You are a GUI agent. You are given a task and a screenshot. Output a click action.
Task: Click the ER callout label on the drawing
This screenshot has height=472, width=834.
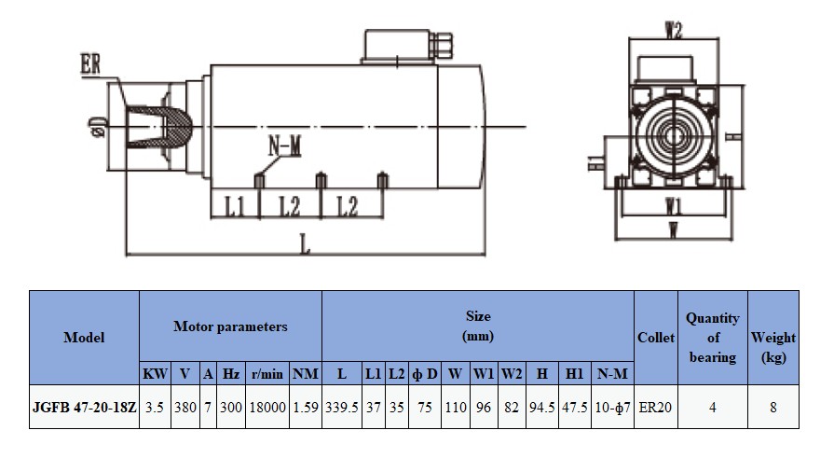pyautogui.click(x=90, y=66)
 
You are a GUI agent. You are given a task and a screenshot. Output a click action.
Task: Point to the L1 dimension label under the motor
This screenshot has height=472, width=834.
pyautogui.click(x=235, y=206)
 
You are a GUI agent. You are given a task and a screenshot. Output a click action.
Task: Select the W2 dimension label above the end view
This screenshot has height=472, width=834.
pyautogui.click(x=674, y=31)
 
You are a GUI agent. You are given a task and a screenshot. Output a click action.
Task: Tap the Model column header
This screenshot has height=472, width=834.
pyautogui.click(x=84, y=338)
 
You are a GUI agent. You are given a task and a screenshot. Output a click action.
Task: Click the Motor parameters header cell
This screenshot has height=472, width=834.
pyautogui.click(x=230, y=326)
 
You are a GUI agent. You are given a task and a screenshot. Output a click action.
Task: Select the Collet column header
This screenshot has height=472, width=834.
pyautogui.click(x=656, y=338)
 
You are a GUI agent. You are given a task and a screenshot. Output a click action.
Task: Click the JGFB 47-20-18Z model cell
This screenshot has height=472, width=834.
pyautogui.click(x=84, y=407)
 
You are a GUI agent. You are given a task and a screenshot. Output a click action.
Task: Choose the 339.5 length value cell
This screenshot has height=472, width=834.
pyautogui.click(x=341, y=407)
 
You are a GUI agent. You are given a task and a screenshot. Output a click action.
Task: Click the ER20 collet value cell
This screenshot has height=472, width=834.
pyautogui.click(x=656, y=407)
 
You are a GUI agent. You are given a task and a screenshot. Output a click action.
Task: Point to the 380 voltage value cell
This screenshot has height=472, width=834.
pyautogui.click(x=185, y=407)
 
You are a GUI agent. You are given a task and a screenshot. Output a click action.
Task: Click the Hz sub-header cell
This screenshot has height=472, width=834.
pyautogui.click(x=231, y=374)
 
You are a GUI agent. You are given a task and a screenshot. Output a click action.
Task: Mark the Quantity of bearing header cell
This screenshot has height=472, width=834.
pyautogui.click(x=713, y=338)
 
